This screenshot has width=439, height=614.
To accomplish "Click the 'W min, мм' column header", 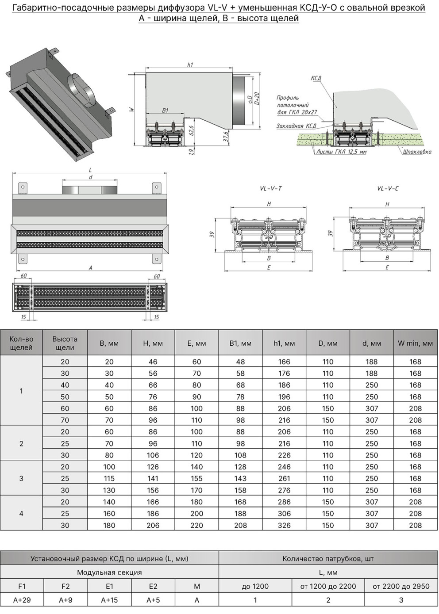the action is click(x=415, y=343).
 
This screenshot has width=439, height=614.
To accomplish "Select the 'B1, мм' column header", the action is click(x=240, y=343).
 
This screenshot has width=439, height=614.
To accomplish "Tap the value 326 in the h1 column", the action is click(x=284, y=525).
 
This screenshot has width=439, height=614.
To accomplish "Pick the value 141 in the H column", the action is click(x=153, y=478).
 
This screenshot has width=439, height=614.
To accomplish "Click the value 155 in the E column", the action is click(x=197, y=478).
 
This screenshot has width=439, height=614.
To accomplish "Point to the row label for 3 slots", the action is click(x=21, y=478).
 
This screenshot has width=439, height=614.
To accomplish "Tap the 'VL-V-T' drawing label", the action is click(x=270, y=189).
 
